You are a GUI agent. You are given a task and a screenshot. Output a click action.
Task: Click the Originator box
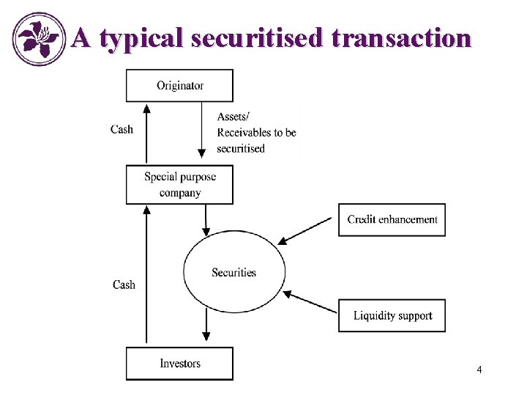pyautogui.click(x=179, y=85)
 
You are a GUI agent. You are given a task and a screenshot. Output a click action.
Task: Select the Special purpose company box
pyautogui.click(x=179, y=184)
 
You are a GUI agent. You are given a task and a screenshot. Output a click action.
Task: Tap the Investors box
pyautogui.click(x=179, y=364)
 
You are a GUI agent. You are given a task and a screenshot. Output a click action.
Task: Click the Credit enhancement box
pyautogui.click(x=392, y=219)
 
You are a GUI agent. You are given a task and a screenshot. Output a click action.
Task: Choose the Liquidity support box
pyautogui.click(x=392, y=315)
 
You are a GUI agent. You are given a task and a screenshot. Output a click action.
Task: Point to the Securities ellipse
pyautogui.click(x=233, y=272)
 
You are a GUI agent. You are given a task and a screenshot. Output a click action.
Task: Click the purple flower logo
pyautogui.click(x=40, y=39)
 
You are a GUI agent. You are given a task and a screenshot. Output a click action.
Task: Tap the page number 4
pyautogui.click(x=479, y=370)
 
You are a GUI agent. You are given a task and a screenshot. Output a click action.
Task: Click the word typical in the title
pyautogui.click(x=140, y=38)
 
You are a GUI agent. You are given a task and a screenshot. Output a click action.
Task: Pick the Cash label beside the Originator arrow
pyautogui.click(x=122, y=129)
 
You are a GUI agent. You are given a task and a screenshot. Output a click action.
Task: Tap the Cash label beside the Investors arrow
pyautogui.click(x=124, y=285)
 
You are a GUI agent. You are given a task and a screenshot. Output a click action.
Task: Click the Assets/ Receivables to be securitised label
pyautogui.click(x=256, y=132)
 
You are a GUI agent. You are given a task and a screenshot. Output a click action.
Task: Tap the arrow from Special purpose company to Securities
pyautogui.click(x=207, y=218)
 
